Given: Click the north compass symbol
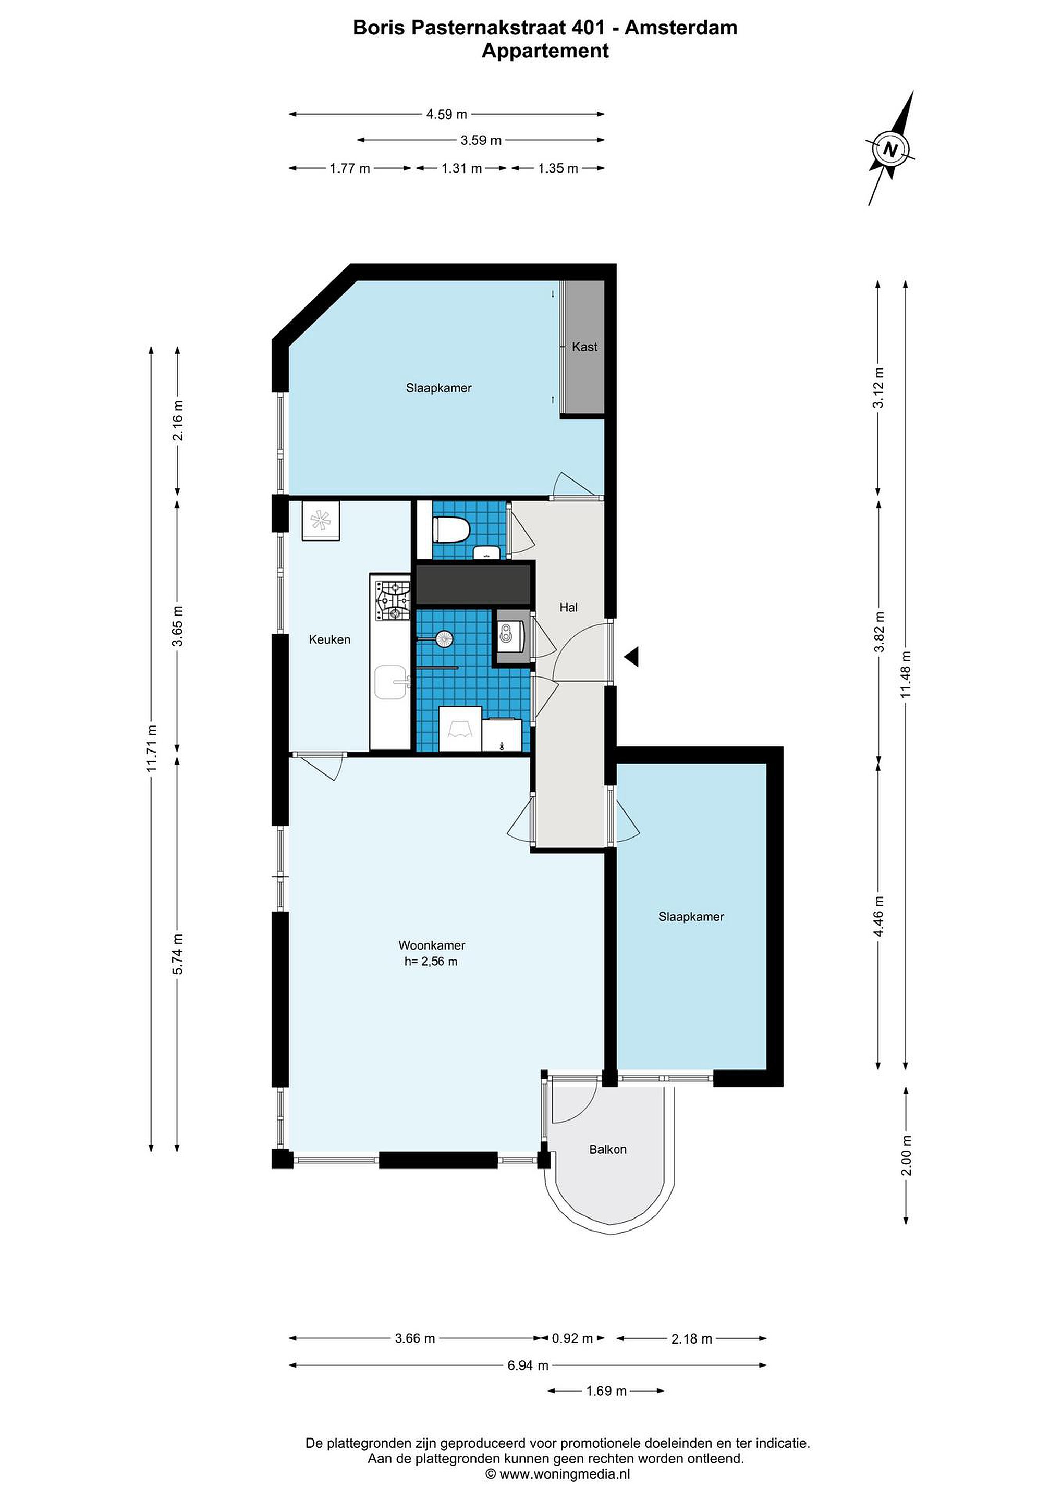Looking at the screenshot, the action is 890,149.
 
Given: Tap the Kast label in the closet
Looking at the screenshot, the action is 584,347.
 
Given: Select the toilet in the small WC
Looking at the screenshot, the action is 450,529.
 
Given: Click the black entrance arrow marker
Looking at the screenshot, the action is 631,657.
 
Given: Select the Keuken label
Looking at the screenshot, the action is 329,639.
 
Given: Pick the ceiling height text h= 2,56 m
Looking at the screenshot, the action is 431,961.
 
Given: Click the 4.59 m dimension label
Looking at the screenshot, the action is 447,115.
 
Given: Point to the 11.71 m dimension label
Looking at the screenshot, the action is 152,748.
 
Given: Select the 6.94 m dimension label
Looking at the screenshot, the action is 528,1365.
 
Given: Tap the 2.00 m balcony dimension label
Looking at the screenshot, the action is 906,1155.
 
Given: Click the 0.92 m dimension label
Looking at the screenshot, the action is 572,1338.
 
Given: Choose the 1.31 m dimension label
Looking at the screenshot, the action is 462,168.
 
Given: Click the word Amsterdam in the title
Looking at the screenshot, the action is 681,28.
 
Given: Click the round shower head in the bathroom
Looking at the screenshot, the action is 444,637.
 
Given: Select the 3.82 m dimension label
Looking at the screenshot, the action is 880,632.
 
